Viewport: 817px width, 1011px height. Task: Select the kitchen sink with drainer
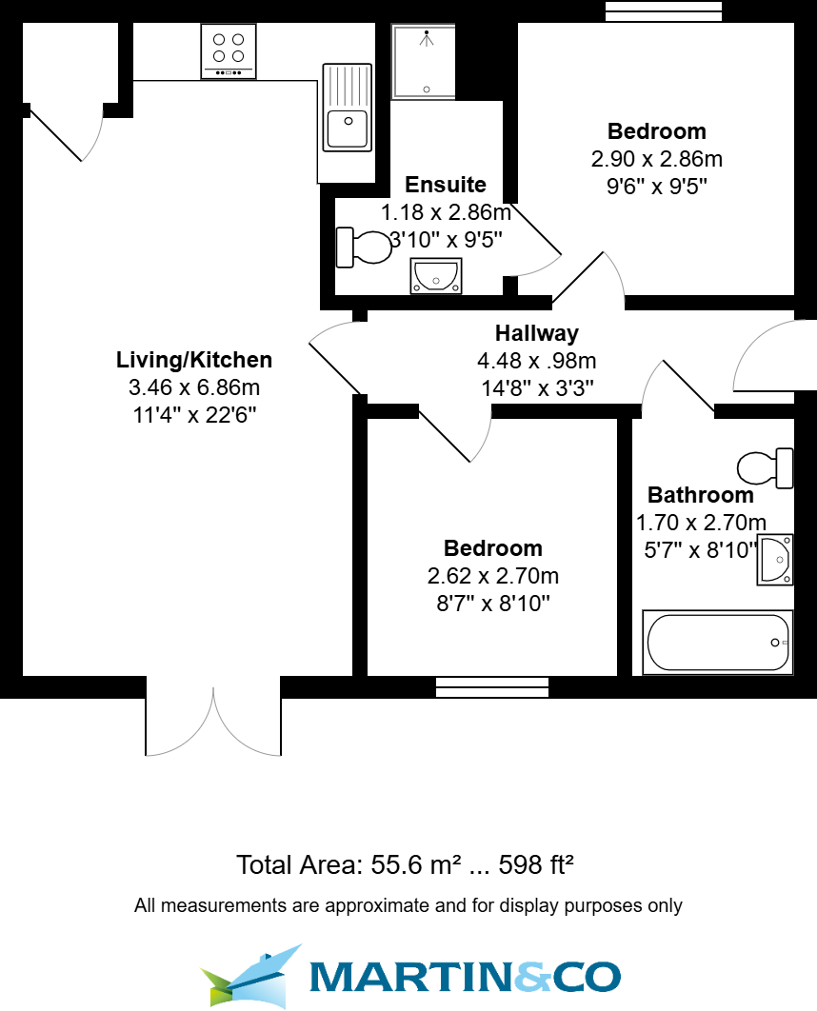point(347,107)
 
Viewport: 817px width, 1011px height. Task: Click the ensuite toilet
point(365,248)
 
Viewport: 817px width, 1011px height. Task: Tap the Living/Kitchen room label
point(194,360)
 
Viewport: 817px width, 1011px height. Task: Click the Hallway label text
point(536,333)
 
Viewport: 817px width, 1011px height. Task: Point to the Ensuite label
point(446,185)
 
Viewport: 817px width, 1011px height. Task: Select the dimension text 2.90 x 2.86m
point(657,159)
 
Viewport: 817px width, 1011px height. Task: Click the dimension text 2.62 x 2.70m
point(493,576)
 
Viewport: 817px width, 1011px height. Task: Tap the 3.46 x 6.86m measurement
point(194,387)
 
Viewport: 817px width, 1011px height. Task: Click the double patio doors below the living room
point(213,719)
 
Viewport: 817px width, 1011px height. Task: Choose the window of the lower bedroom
point(493,685)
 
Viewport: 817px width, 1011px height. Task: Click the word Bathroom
point(700,495)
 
